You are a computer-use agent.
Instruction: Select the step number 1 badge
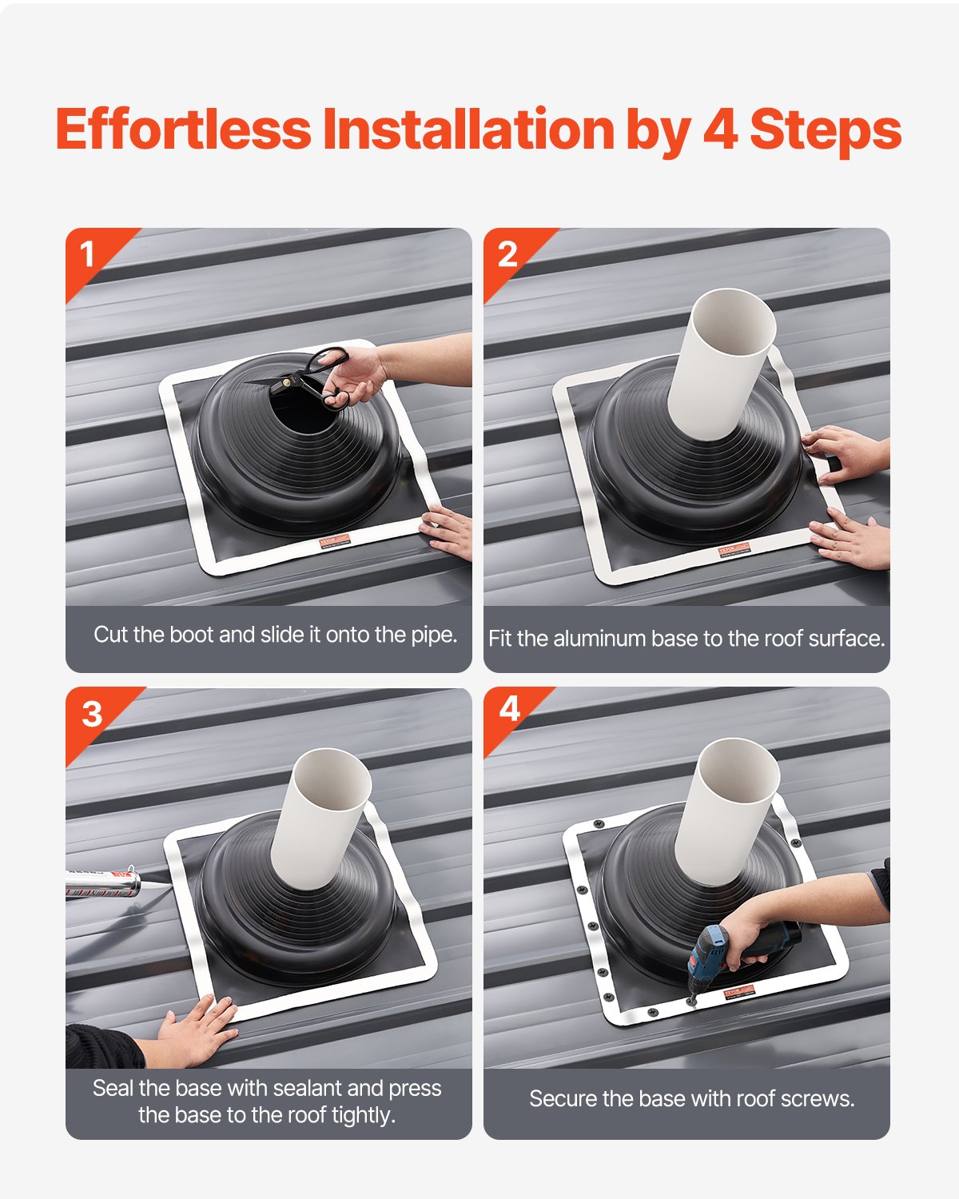(87, 255)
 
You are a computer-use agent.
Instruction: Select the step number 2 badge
(507, 255)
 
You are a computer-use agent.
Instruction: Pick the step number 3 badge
(92, 714)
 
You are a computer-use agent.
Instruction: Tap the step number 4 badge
(509, 709)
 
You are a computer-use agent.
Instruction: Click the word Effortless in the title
(183, 129)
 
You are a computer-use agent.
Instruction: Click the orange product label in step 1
(335, 541)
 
